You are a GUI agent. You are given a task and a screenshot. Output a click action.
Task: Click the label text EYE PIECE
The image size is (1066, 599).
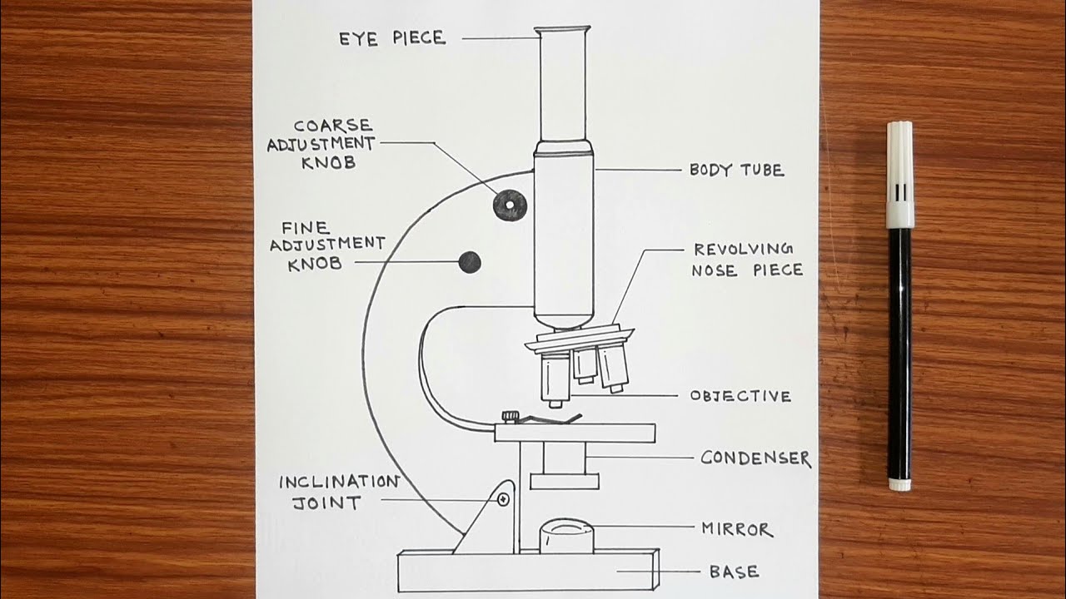coord(391,38)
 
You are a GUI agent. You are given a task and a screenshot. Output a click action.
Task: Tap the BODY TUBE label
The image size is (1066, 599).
coord(736,171)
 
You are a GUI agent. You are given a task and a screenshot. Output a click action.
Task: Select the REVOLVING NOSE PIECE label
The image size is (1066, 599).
coord(747,260)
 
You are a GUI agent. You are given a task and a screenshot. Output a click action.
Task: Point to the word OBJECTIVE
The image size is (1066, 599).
coord(740,396)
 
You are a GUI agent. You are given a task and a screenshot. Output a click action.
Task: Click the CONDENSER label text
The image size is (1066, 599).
coord(755,458)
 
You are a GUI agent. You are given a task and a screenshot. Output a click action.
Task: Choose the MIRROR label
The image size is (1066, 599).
coord(737,529)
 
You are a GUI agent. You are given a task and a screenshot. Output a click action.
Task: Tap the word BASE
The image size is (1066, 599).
coord(734,572)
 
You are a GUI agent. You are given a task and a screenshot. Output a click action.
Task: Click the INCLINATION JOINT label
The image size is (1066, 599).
coord(338,492)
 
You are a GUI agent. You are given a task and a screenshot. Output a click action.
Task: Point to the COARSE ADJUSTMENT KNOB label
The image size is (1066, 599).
coord(321,144)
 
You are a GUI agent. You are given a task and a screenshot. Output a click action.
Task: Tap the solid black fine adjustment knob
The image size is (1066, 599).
coord(470,263)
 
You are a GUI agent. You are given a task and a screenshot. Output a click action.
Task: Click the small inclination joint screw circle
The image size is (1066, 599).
coord(503,499)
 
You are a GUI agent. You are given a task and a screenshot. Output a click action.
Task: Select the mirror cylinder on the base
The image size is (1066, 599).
coord(565,537)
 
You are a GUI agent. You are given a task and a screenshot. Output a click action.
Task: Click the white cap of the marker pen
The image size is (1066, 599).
coord(899,175)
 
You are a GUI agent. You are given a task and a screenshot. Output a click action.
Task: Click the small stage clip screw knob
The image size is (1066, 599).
coord(509,415)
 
